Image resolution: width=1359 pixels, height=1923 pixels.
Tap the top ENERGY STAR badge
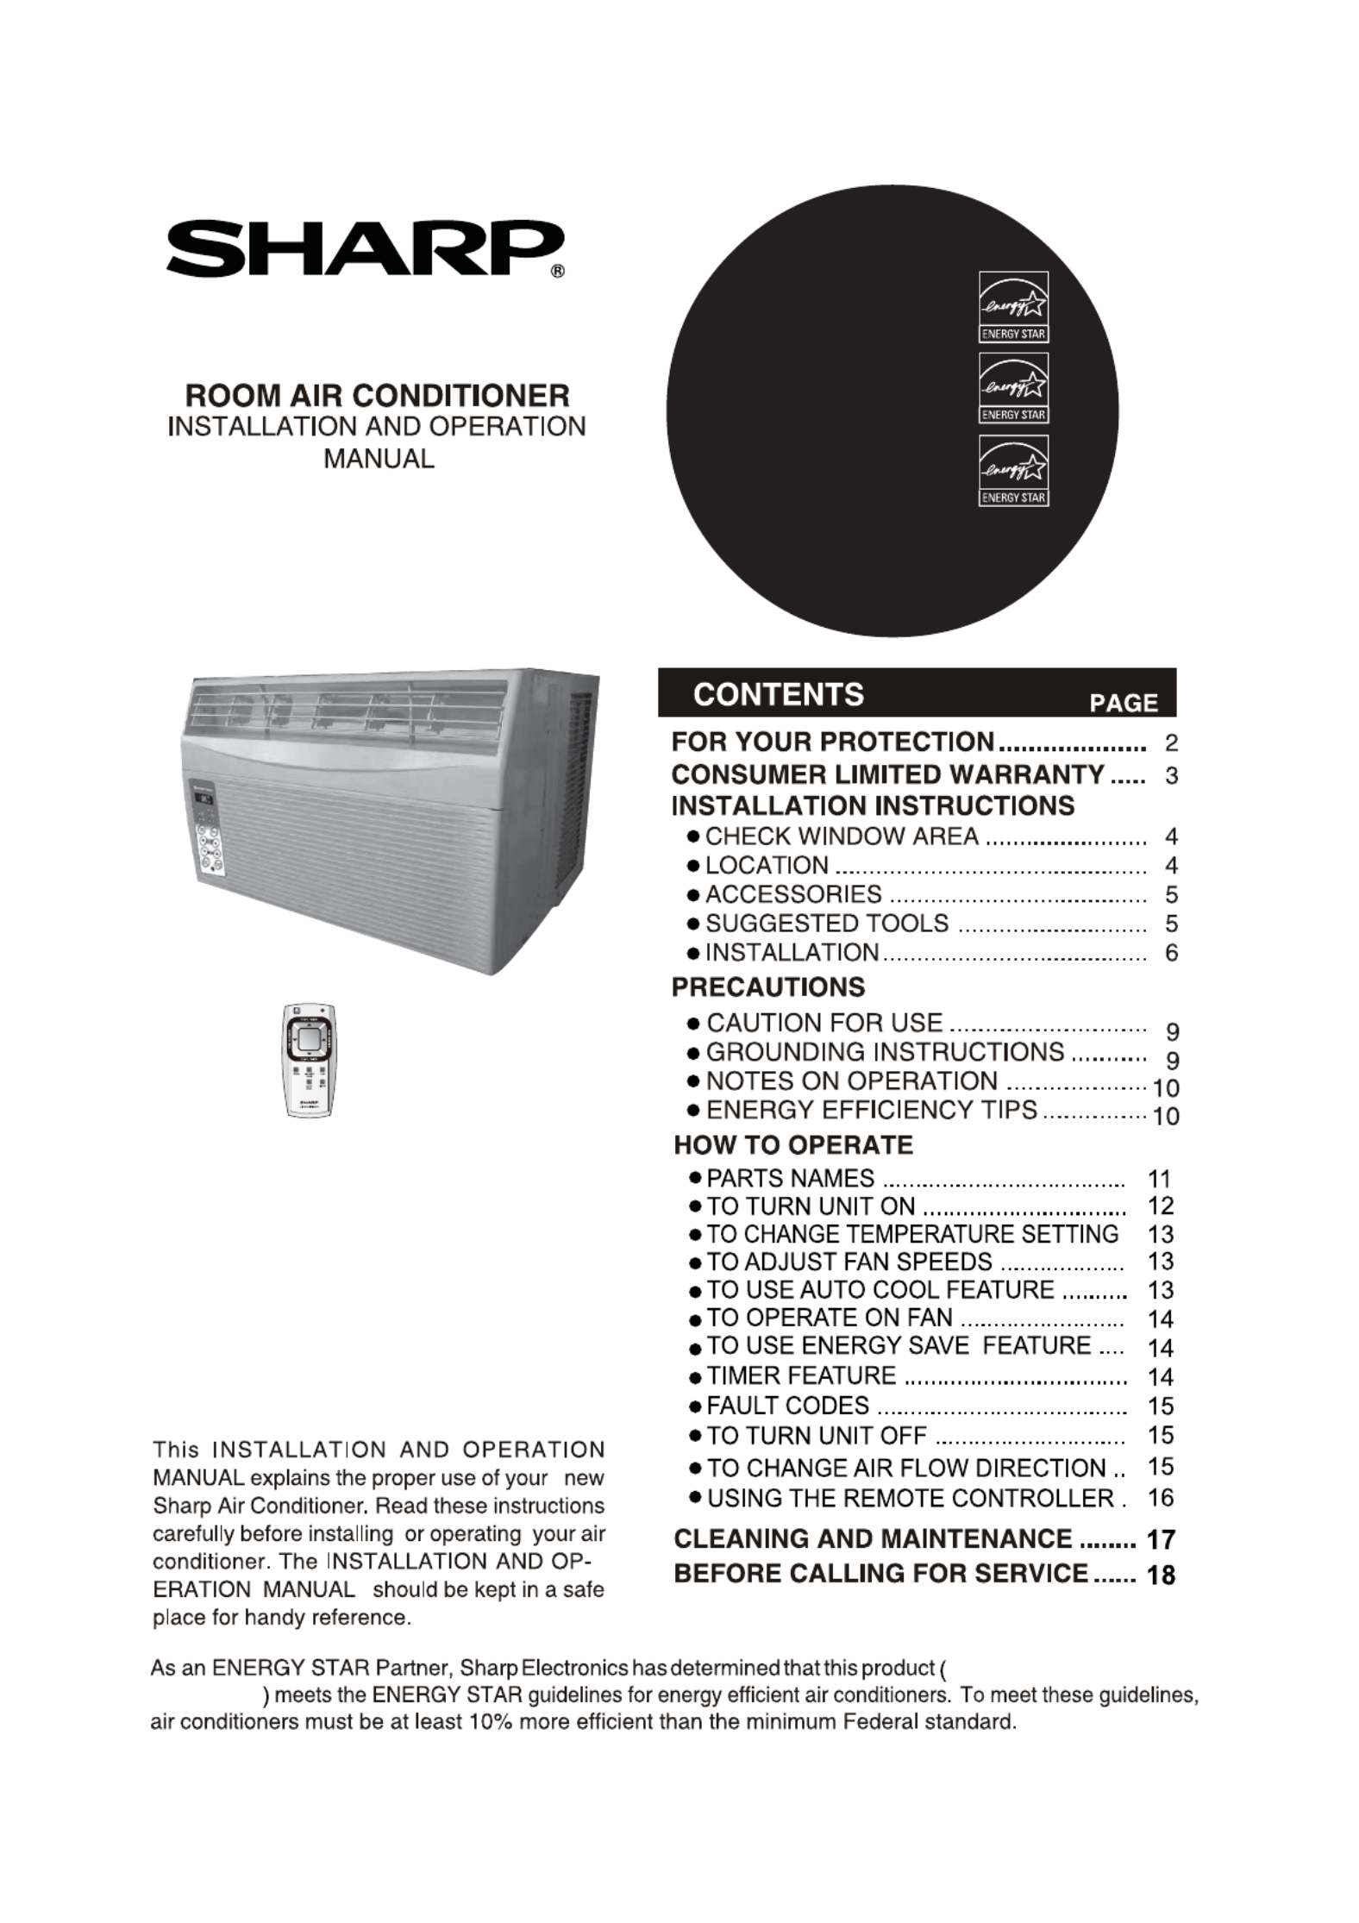pos(1013,308)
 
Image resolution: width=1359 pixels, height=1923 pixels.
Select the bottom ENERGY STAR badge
pos(1013,471)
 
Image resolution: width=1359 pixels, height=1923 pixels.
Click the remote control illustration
pos(309,1060)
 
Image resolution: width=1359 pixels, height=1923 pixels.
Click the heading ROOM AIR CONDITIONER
pos(378,396)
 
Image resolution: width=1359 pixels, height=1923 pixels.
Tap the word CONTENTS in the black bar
pos(778,694)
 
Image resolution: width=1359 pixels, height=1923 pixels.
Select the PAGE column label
pos(1123,703)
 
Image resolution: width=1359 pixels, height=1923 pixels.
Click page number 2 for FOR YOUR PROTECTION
pos(1171,742)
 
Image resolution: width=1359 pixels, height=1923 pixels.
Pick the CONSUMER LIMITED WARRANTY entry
pos(887,774)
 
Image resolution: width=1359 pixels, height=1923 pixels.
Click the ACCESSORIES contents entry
pos(793,894)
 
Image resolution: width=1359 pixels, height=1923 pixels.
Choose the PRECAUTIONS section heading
pos(767,987)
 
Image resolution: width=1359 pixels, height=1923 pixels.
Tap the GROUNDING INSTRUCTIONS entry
pos(885,1052)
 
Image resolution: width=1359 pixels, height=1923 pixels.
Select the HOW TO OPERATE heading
pos(793,1145)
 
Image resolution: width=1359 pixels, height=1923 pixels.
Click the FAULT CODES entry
pos(787,1406)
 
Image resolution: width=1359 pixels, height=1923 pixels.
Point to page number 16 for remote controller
pos(1161,1498)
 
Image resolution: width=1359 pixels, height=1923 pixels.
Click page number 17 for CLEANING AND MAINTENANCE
pos(1161,1539)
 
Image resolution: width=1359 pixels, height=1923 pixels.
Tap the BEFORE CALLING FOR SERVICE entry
pos(880,1574)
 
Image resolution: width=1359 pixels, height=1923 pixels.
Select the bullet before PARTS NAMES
pos(695,1178)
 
